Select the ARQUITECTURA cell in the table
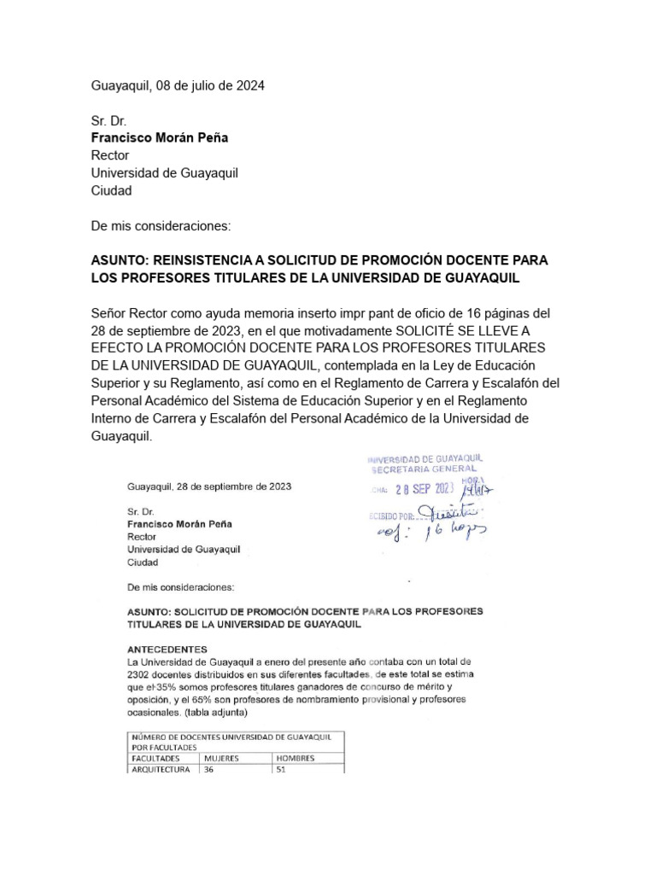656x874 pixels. click(x=162, y=768)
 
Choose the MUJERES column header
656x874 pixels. click(x=221, y=757)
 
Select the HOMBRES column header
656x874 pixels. click(x=295, y=757)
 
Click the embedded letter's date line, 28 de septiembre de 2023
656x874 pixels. click(x=208, y=487)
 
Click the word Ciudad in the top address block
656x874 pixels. click(x=111, y=190)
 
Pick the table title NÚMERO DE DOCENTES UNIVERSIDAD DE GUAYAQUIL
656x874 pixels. click(x=236, y=736)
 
